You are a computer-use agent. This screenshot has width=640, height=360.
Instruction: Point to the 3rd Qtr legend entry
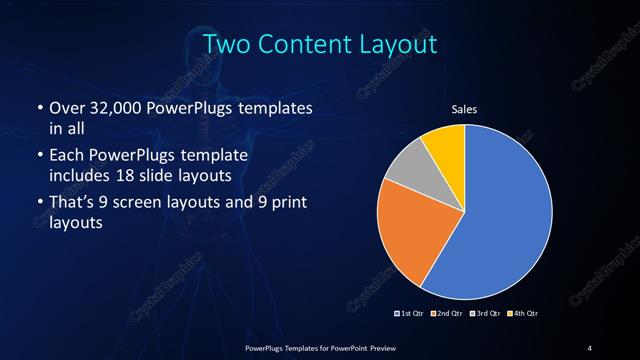(x=484, y=313)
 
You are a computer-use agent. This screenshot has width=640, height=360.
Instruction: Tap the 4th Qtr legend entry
(x=522, y=313)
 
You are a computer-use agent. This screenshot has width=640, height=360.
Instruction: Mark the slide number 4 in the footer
(x=590, y=347)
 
